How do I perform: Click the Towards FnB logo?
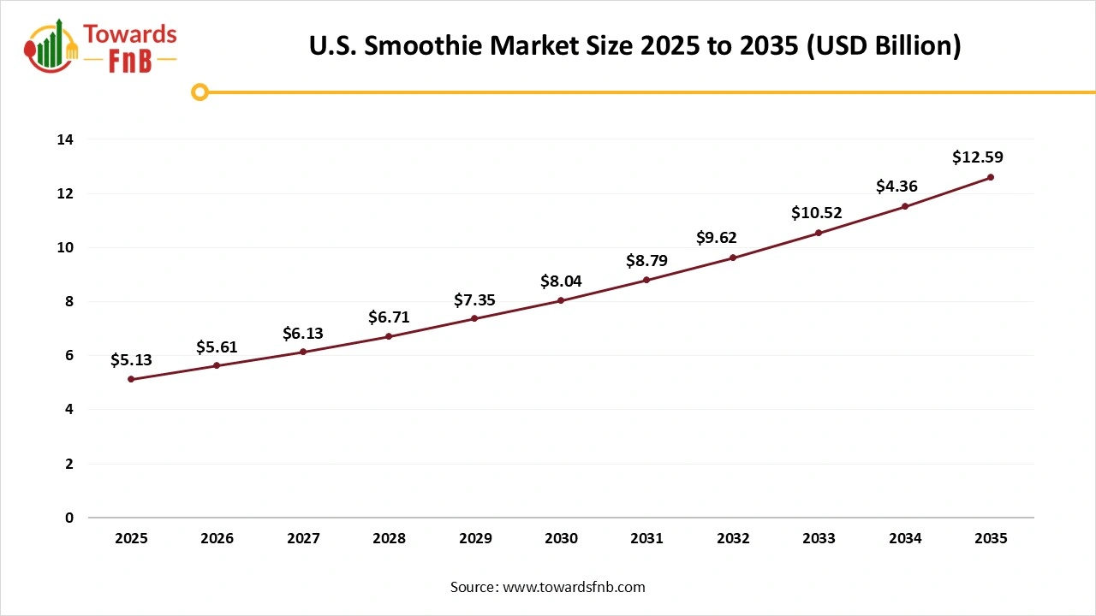pyautogui.click(x=101, y=46)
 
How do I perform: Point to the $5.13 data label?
pyautogui.click(x=131, y=361)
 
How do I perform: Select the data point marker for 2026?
pyautogui.click(x=217, y=365)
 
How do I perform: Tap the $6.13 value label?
pyautogui.click(x=303, y=334)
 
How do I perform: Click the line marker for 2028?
pyautogui.click(x=389, y=336)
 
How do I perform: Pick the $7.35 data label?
pyautogui.click(x=474, y=300)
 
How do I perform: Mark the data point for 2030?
pyautogui.click(x=561, y=300)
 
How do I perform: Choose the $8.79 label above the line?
pyautogui.click(x=646, y=261)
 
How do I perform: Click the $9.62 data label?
pyautogui.click(x=716, y=238)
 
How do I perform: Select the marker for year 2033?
pyautogui.click(x=819, y=233)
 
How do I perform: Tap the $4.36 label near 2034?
pyautogui.click(x=896, y=187)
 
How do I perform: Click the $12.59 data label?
pyautogui.click(x=977, y=157)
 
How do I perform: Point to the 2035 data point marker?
pyautogui.click(x=991, y=177)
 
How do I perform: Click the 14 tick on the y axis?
pyautogui.click(x=66, y=139)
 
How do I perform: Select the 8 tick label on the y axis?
pyautogui.click(x=69, y=302)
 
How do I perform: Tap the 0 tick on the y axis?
pyautogui.click(x=69, y=518)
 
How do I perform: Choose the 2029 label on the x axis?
pyautogui.click(x=474, y=539)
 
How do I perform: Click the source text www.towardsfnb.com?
pyautogui.click(x=573, y=587)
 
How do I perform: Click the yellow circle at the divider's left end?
pyautogui.click(x=200, y=92)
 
